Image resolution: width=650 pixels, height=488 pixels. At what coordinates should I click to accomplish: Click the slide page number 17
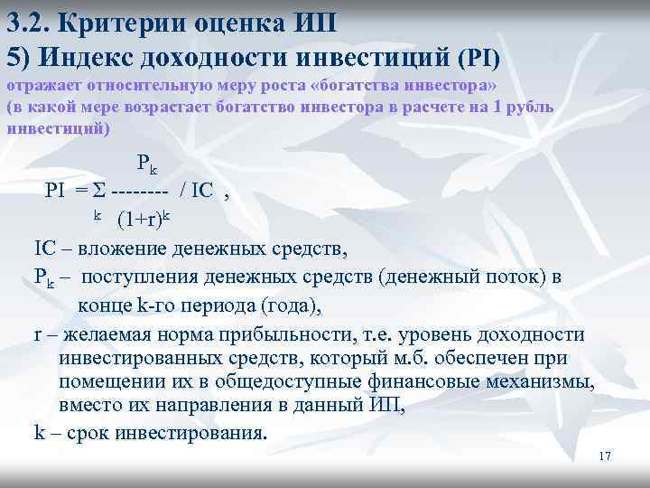(605, 456)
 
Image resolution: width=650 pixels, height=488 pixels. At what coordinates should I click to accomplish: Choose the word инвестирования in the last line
(185, 431)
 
